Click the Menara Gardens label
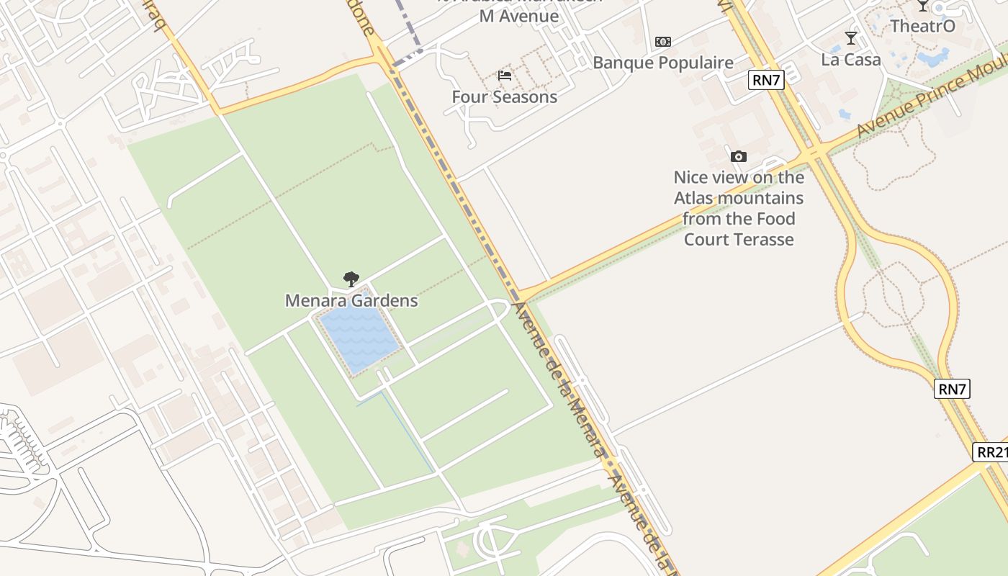(x=351, y=300)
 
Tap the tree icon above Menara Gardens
(x=351, y=279)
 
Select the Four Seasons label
(x=504, y=96)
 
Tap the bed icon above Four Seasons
(x=505, y=76)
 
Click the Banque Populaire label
(x=662, y=63)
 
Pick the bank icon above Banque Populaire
(x=663, y=42)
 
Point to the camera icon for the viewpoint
(x=738, y=156)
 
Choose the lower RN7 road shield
(x=952, y=390)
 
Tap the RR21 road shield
(x=991, y=452)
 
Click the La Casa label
(x=851, y=60)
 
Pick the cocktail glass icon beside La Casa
(x=851, y=38)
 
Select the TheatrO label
(x=922, y=26)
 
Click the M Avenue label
(x=519, y=16)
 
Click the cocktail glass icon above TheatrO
(x=922, y=6)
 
